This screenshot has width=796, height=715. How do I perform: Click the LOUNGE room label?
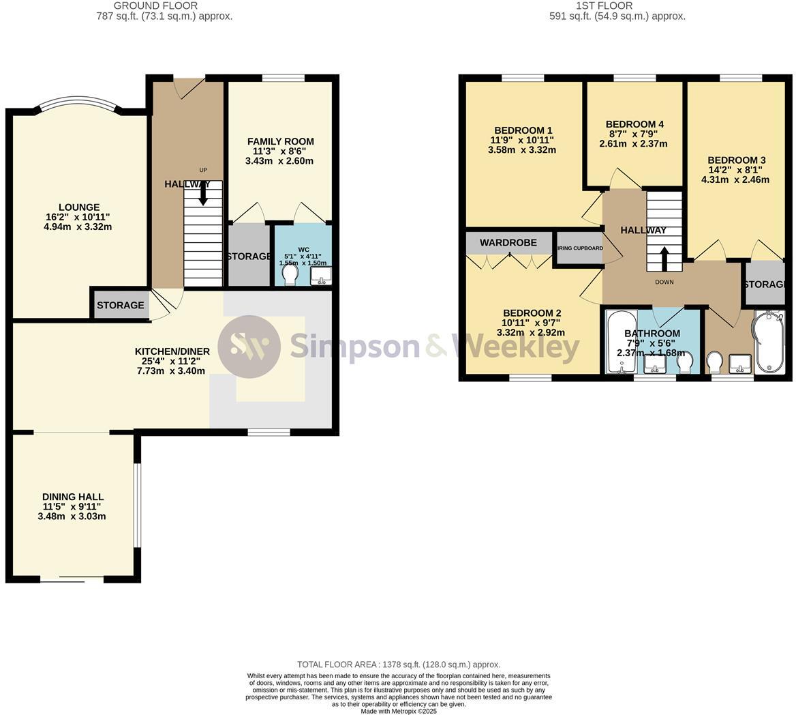78,207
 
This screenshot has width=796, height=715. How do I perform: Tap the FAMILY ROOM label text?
280,142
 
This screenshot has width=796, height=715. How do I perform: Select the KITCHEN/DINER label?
172,351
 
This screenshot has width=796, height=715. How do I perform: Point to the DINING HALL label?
72,497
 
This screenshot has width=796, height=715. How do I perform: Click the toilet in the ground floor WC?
290,274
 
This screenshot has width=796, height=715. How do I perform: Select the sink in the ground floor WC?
320,275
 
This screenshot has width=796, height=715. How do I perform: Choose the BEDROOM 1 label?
523,130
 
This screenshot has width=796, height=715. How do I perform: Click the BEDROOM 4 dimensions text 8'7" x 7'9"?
633,134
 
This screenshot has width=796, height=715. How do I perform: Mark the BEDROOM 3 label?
736,160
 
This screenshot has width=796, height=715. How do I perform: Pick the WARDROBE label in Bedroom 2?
508,243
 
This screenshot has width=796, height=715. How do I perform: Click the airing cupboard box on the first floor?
579,249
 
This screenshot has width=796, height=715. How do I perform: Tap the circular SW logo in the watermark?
249,347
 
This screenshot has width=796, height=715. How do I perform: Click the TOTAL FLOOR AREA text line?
398,665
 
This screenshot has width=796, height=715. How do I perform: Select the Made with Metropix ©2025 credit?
398,711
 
